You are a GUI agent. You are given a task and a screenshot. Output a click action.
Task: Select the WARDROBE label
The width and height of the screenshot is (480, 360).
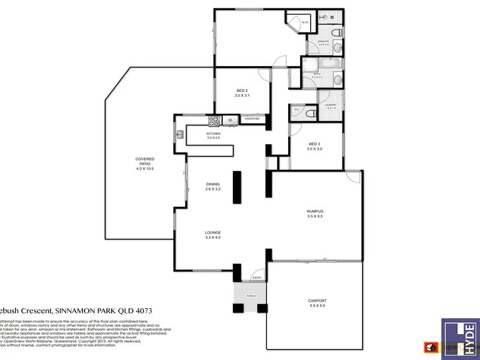point(251,119)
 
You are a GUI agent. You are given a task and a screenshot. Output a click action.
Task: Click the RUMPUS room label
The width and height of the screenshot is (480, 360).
point(315,211)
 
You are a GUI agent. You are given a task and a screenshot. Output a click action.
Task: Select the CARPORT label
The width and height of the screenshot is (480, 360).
point(317,301)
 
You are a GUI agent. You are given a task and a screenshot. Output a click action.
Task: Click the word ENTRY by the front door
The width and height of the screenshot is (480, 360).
point(257,277)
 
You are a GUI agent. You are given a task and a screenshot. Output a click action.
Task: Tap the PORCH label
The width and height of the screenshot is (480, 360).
point(250,295)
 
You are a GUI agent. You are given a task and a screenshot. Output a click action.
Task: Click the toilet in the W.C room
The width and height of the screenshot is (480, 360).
point(310,112)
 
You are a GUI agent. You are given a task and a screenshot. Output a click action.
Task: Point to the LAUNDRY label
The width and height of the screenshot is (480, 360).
point(330,105)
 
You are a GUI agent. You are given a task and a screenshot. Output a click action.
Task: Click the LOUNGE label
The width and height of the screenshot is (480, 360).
point(213,232)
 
